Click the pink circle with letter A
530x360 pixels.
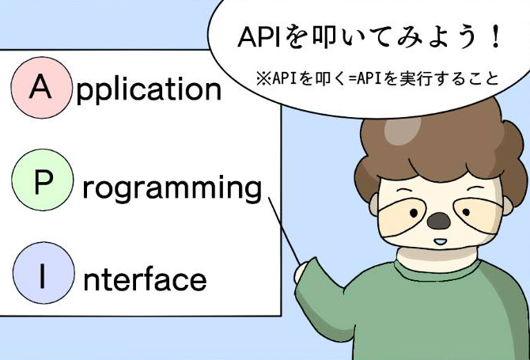(x=41, y=88)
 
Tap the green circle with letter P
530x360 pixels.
(x=43, y=180)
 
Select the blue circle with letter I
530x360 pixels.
(x=44, y=272)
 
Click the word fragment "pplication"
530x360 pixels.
(x=149, y=89)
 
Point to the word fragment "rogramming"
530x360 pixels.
(x=172, y=188)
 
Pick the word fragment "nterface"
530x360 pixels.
(x=145, y=279)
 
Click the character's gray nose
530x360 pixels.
(x=438, y=221)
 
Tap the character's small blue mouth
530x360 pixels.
(x=440, y=242)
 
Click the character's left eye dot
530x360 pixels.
(x=414, y=213)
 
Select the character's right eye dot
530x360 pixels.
(x=466, y=212)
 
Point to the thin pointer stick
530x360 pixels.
(x=284, y=230)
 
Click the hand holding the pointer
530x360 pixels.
(x=302, y=271)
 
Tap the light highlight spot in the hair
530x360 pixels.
(x=402, y=129)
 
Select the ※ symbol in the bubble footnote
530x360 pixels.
(x=263, y=79)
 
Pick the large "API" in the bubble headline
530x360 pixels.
(x=259, y=36)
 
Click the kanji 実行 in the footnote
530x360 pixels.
(x=414, y=79)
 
